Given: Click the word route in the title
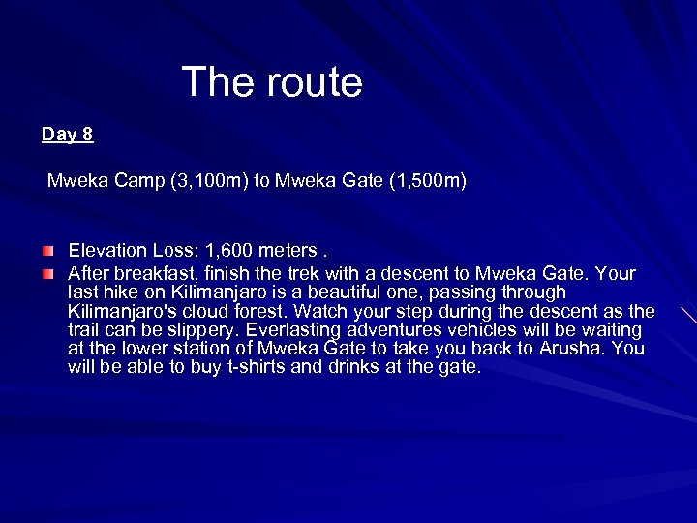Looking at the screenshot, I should [312, 82].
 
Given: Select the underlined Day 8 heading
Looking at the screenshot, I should [68, 135].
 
